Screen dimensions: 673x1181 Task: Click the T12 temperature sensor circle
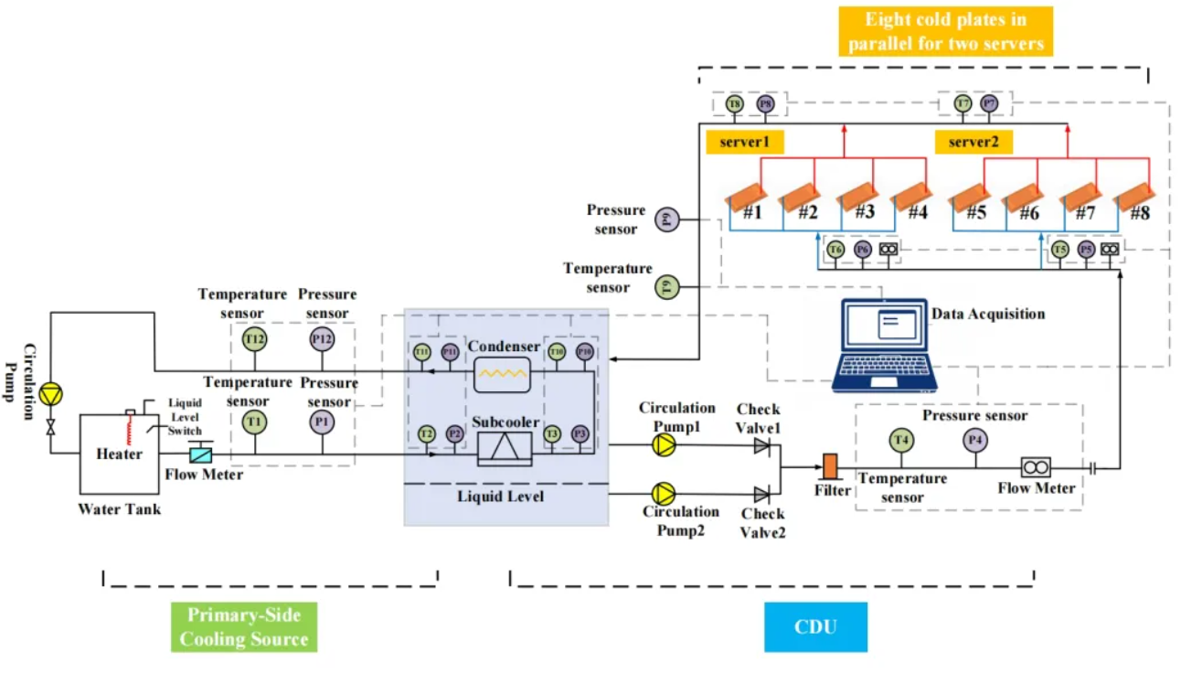254,339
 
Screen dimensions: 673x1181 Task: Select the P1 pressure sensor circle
321,422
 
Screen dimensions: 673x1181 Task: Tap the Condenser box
502,373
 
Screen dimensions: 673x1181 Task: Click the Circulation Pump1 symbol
664,444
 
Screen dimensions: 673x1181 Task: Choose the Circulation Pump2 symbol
664,494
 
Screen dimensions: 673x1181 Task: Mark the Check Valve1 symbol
761,445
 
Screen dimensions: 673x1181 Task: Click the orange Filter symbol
830,465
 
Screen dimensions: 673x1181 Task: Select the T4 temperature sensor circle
901,441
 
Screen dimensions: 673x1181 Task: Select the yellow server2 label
973,142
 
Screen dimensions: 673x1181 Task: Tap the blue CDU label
815,627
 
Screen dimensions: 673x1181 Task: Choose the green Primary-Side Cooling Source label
244,626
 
